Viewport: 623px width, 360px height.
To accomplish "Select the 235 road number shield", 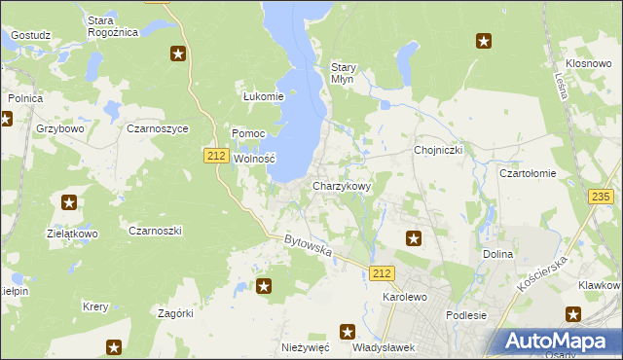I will [x=601, y=197].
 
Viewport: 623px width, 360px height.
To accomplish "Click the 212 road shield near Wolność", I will [x=216, y=155].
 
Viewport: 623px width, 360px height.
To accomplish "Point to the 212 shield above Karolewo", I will [x=382, y=274].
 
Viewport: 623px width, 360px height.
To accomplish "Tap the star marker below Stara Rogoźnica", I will [x=178, y=54].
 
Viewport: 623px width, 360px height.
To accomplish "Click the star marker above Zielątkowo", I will [x=69, y=202].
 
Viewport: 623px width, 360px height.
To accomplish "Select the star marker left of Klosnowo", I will [x=484, y=41].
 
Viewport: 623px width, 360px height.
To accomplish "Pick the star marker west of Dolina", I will [x=414, y=237].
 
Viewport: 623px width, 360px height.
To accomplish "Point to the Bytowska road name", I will [x=309, y=246].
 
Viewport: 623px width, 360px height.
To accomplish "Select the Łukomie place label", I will [x=263, y=96].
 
